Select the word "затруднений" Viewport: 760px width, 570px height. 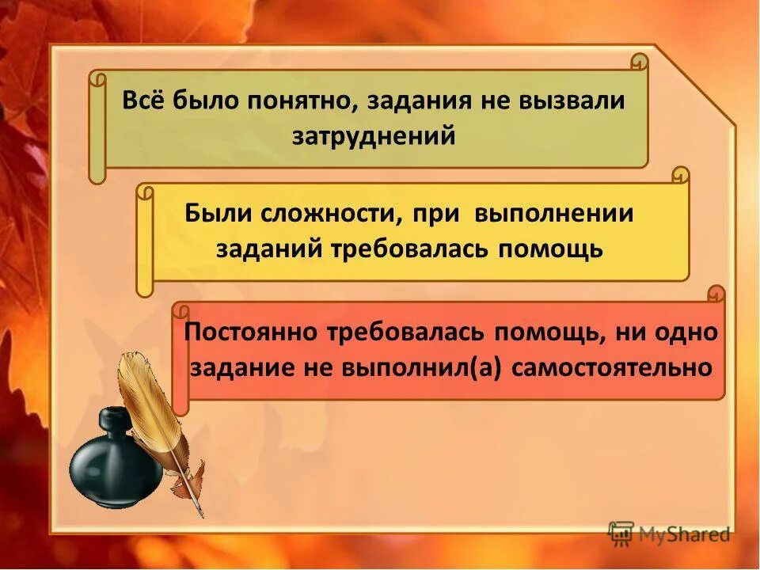pyautogui.click(x=374, y=135)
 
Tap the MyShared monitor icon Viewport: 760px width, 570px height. pyautogui.click(x=621, y=534)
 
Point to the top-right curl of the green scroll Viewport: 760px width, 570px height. pyautogui.click(x=639, y=62)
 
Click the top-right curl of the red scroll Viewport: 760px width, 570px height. pyautogui.click(x=716, y=294)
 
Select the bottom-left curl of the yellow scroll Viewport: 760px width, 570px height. pyautogui.click(x=144, y=287)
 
